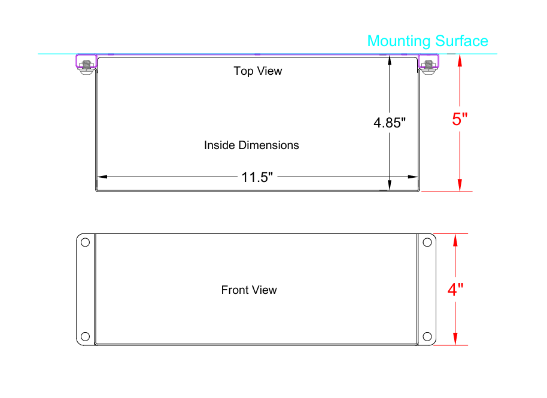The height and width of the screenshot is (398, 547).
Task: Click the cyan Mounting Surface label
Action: point(428,41)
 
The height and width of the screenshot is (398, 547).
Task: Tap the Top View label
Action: point(258,71)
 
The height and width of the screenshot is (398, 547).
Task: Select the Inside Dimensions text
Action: point(251,145)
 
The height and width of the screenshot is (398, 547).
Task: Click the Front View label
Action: point(249,290)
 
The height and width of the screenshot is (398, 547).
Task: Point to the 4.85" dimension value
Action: point(390,123)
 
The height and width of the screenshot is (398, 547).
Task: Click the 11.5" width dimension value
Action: point(257,177)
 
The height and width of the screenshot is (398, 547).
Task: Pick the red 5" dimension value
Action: point(460,119)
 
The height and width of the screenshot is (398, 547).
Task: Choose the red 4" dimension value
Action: point(455,290)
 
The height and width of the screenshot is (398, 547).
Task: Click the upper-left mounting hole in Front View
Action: point(85,242)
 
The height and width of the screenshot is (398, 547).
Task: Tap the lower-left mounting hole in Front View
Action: point(85,336)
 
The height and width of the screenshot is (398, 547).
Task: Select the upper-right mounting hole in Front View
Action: point(427,242)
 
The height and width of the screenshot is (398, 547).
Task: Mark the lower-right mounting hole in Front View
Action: point(427,336)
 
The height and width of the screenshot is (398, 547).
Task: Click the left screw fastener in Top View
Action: point(86,66)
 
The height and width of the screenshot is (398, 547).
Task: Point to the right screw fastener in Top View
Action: point(429,66)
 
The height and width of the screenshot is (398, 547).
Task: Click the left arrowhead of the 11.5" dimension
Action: point(102,177)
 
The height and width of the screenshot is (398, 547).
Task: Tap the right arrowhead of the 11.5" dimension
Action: point(413,177)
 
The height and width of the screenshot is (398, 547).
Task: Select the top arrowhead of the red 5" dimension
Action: point(460,60)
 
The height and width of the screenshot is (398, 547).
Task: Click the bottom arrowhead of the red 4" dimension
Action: point(455,339)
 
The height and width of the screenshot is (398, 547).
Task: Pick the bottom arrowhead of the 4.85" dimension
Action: point(390,185)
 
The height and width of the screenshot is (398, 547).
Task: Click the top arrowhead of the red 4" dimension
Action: point(455,240)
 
